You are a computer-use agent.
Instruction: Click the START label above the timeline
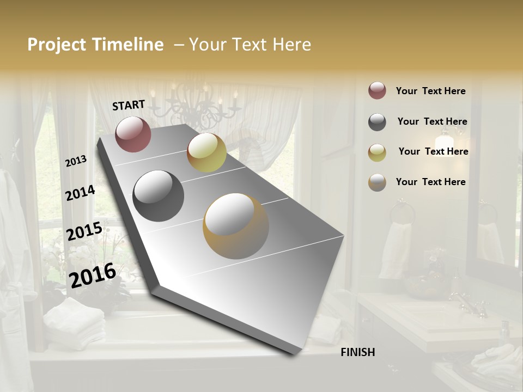click(x=129, y=105)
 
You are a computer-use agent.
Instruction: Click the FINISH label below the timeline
click(x=357, y=352)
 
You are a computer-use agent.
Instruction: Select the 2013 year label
click(x=76, y=161)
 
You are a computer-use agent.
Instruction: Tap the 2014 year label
click(x=80, y=193)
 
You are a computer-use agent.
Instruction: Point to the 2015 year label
click(x=84, y=231)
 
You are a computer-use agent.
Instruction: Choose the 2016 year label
click(x=93, y=275)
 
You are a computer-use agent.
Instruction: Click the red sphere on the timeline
click(x=133, y=134)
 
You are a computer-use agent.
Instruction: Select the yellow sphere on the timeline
click(x=206, y=152)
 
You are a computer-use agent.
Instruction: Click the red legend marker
click(x=377, y=91)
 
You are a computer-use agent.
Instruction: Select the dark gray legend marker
click(x=377, y=122)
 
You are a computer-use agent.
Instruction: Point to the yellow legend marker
click(x=377, y=152)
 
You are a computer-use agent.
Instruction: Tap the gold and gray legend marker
click(x=377, y=182)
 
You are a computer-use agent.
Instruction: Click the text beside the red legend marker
click(x=430, y=91)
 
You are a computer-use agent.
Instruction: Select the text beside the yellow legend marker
click(x=433, y=151)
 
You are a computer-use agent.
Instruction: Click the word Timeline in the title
click(x=129, y=45)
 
